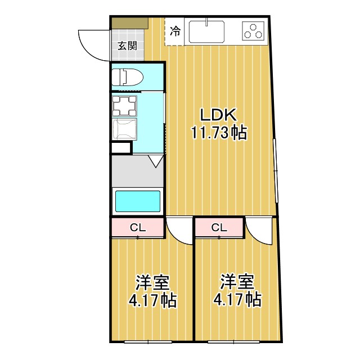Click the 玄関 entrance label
click(128, 46)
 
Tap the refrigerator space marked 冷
click(175, 31)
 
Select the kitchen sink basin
click(206, 31)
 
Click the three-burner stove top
click(253, 31)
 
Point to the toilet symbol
click(127, 77)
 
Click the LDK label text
click(218, 115)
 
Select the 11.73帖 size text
click(219, 133)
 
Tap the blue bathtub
click(137, 201)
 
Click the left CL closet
click(137, 227)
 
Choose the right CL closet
click(219, 227)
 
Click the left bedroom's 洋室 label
click(152, 282)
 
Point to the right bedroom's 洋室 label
click(237, 282)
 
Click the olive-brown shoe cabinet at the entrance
click(130, 24)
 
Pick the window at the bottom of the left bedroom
click(148, 341)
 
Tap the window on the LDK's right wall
click(275, 170)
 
